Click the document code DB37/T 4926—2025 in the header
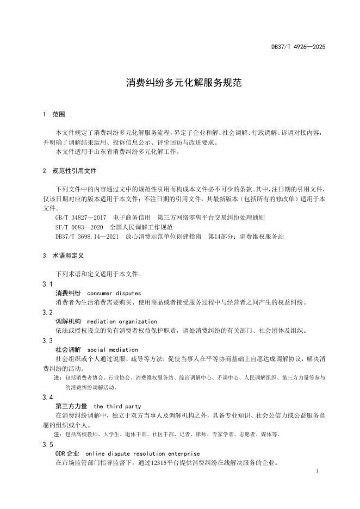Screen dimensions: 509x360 298,47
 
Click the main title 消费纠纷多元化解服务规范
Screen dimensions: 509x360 179,83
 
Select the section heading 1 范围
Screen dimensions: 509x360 53,115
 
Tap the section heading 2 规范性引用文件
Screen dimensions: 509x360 69,171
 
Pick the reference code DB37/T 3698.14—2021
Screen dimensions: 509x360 83,237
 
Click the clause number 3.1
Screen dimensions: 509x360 47,284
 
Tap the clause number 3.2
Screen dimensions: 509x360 47,313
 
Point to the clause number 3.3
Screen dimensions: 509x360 47,341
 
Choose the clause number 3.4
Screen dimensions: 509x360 47,398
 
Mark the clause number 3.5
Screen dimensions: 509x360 47,444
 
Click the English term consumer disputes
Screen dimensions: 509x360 114,293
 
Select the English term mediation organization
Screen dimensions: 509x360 122,321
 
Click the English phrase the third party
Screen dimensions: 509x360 117,406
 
